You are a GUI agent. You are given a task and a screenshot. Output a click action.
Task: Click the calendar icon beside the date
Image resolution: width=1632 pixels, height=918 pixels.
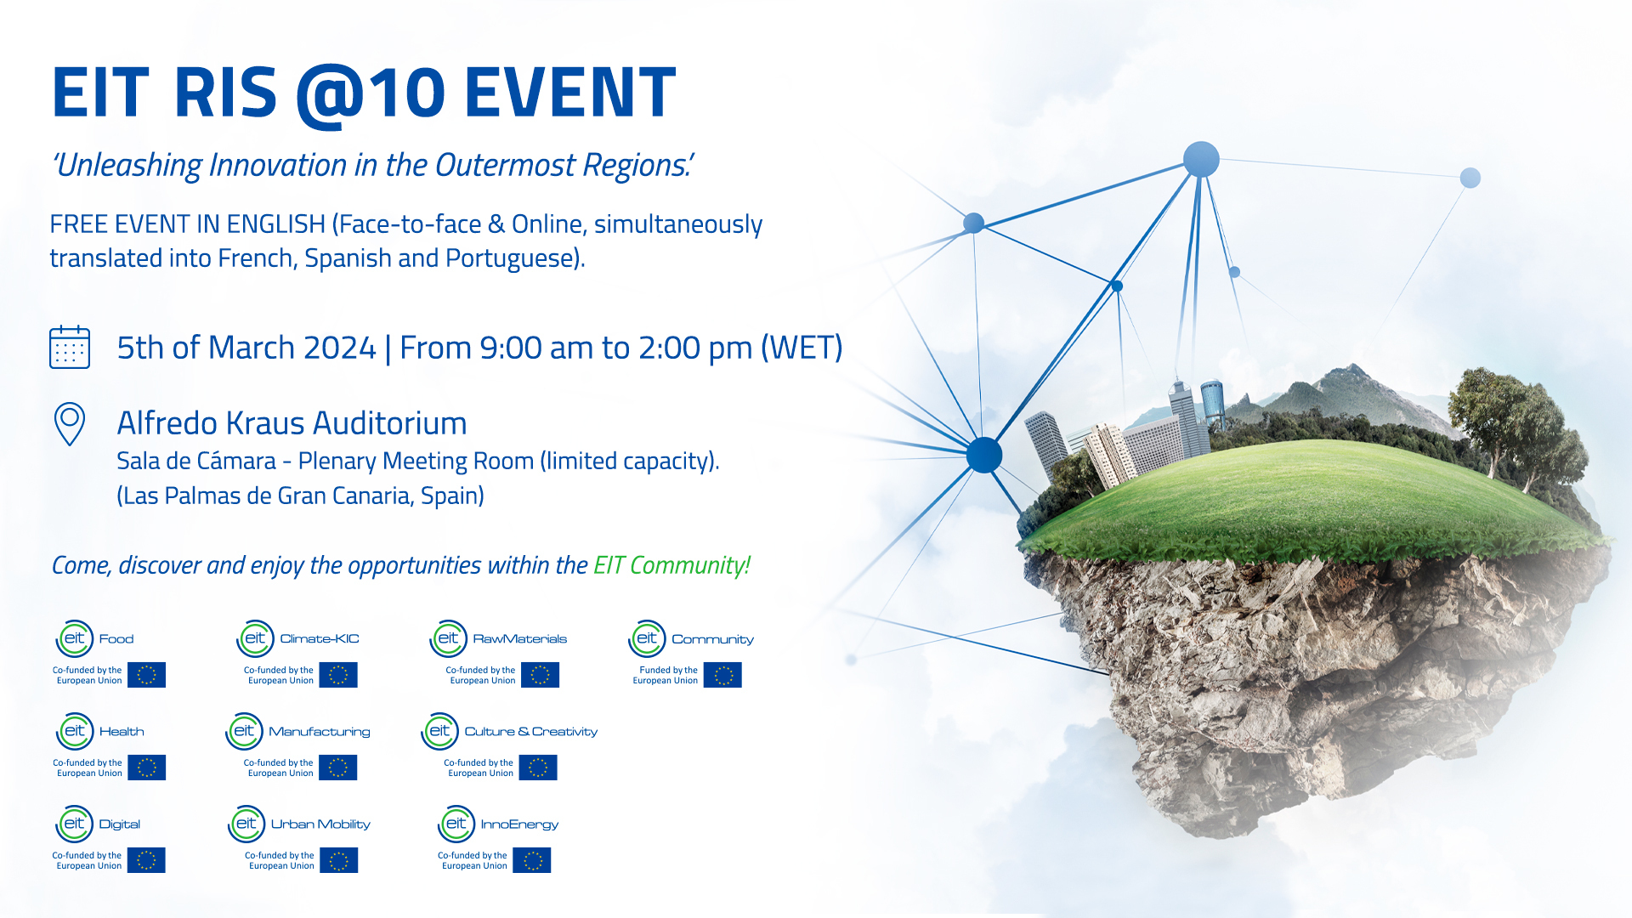(x=70, y=347)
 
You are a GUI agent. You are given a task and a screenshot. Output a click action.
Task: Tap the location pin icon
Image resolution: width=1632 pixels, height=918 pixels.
(x=70, y=422)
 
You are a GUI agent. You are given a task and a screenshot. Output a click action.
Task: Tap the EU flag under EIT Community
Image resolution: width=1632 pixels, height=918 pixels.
(x=722, y=675)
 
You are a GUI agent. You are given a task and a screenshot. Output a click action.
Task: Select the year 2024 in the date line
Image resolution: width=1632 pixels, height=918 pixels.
(x=339, y=348)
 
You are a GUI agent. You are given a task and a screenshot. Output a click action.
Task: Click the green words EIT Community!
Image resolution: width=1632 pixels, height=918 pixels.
(x=671, y=565)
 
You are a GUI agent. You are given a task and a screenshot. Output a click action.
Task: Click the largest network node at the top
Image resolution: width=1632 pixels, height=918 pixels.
(x=1201, y=160)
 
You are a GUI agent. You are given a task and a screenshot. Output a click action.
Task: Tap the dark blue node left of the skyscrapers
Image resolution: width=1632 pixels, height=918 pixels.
(x=984, y=455)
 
